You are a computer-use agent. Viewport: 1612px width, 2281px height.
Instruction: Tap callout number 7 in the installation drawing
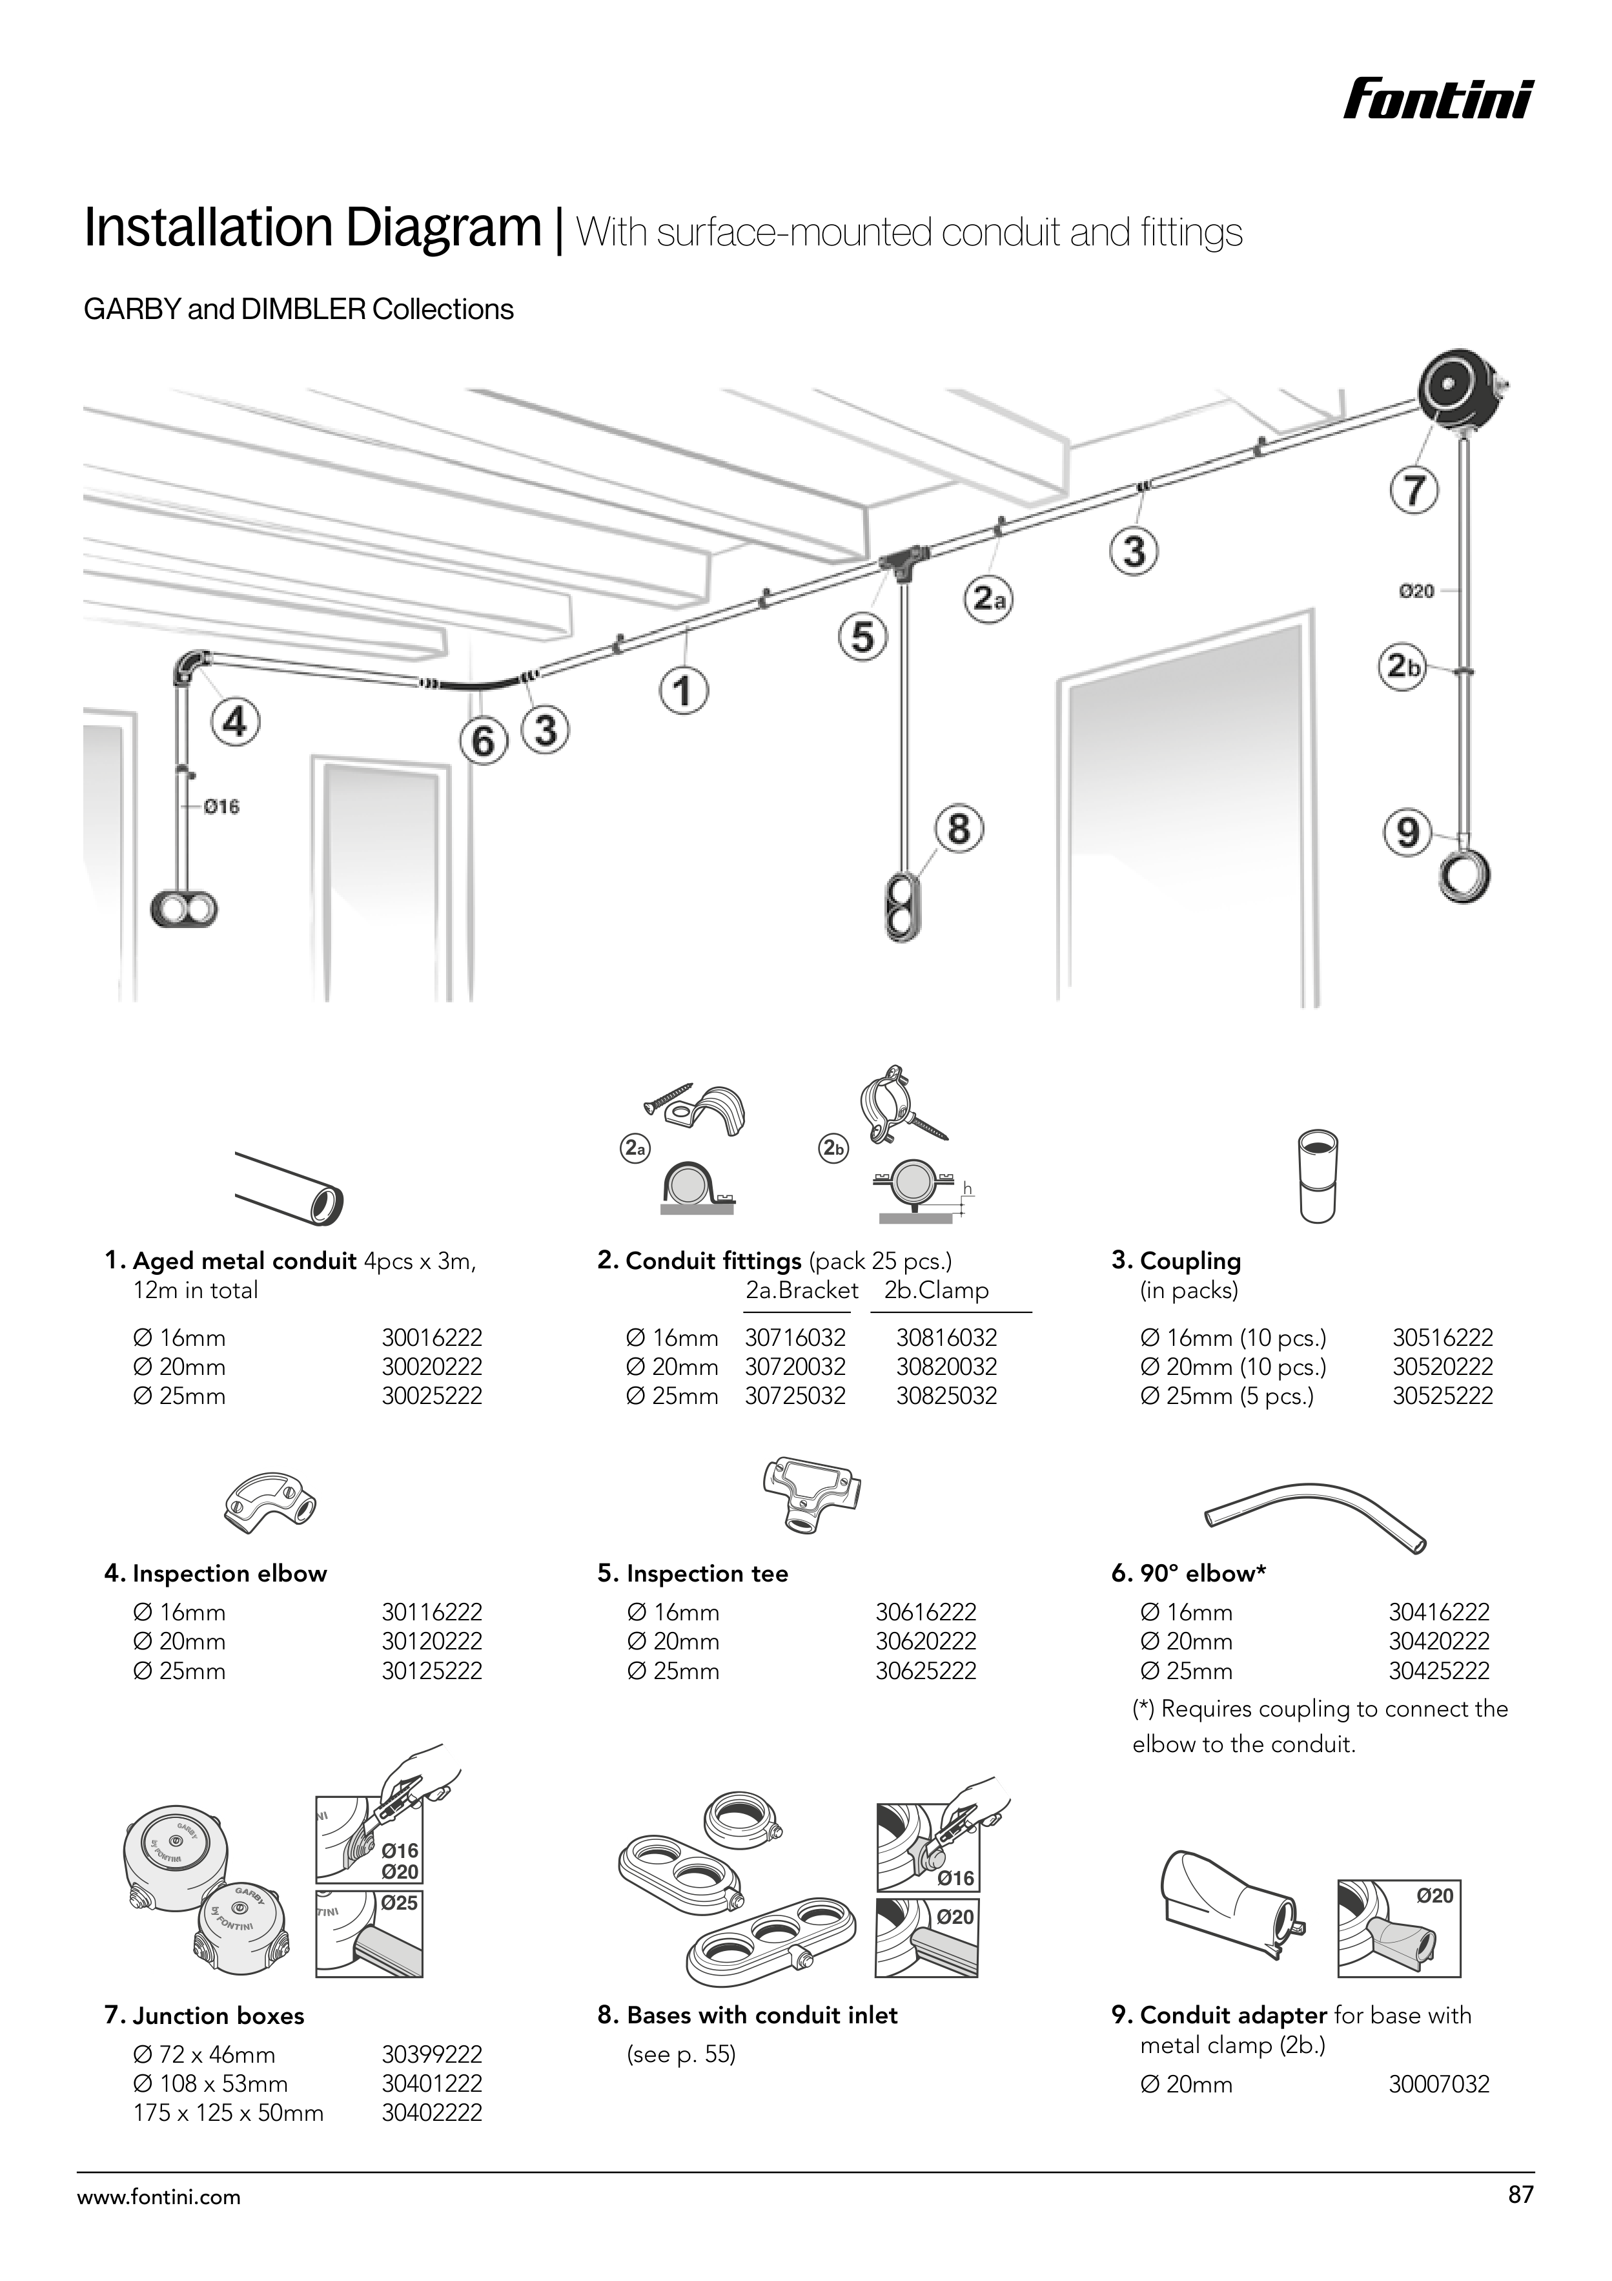pyautogui.click(x=1413, y=491)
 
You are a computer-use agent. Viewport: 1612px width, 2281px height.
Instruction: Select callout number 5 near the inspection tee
pyautogui.click(x=862, y=637)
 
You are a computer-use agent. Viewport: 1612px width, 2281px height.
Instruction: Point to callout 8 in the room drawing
pyautogui.click(x=959, y=829)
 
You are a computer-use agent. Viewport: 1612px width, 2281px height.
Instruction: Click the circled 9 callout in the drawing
pyautogui.click(x=1407, y=832)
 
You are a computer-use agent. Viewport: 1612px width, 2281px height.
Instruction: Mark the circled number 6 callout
pyautogui.click(x=483, y=741)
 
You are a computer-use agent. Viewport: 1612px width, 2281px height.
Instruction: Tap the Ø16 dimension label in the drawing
pyautogui.click(x=221, y=807)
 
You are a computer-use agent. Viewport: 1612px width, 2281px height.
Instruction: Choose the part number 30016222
pyautogui.click(x=432, y=1338)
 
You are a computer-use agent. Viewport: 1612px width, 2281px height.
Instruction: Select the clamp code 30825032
pyautogui.click(x=946, y=1396)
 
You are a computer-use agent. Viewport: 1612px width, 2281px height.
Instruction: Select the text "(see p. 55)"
pyautogui.click(x=680, y=2054)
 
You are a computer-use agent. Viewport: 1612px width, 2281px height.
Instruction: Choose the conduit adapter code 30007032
pyautogui.click(x=1438, y=2084)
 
